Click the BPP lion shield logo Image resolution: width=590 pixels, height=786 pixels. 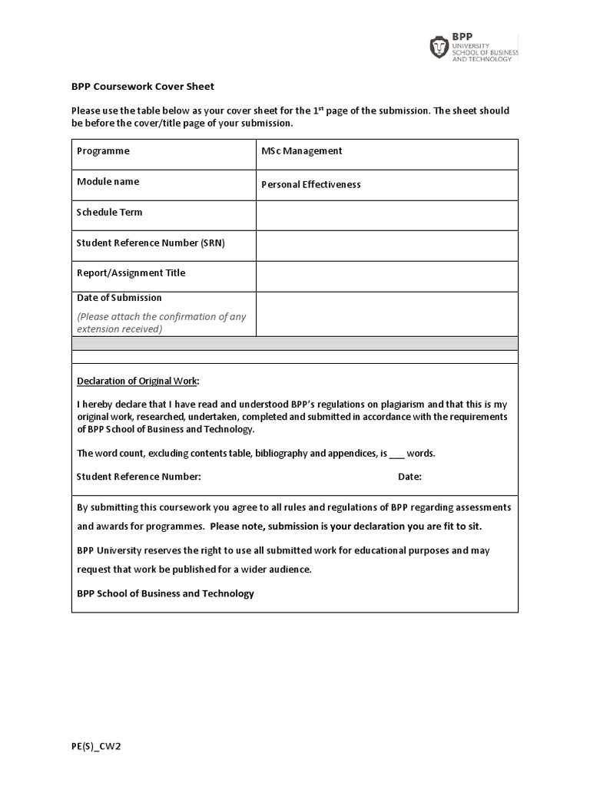point(439,48)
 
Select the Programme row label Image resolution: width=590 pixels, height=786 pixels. point(103,151)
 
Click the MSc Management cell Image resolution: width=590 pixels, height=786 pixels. point(301,151)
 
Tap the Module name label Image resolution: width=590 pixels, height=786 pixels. point(108,182)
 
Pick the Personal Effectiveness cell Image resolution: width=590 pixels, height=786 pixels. point(310,184)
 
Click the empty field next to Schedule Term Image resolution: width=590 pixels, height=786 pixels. point(386,216)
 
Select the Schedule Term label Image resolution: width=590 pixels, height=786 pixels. point(109,213)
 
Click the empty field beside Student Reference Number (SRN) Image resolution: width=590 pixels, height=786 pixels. point(386,246)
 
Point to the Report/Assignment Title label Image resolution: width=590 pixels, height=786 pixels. point(131,273)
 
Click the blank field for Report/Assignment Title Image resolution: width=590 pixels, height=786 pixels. point(386,276)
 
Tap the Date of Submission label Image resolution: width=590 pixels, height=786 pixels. point(119,298)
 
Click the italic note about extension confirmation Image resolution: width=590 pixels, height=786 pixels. point(161,322)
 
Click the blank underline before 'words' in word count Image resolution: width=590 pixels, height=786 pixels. point(396,454)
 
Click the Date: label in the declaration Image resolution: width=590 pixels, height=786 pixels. point(409,477)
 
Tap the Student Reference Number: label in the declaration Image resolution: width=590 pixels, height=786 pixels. point(138,477)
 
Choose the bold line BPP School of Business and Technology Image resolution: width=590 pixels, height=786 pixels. point(165,593)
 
